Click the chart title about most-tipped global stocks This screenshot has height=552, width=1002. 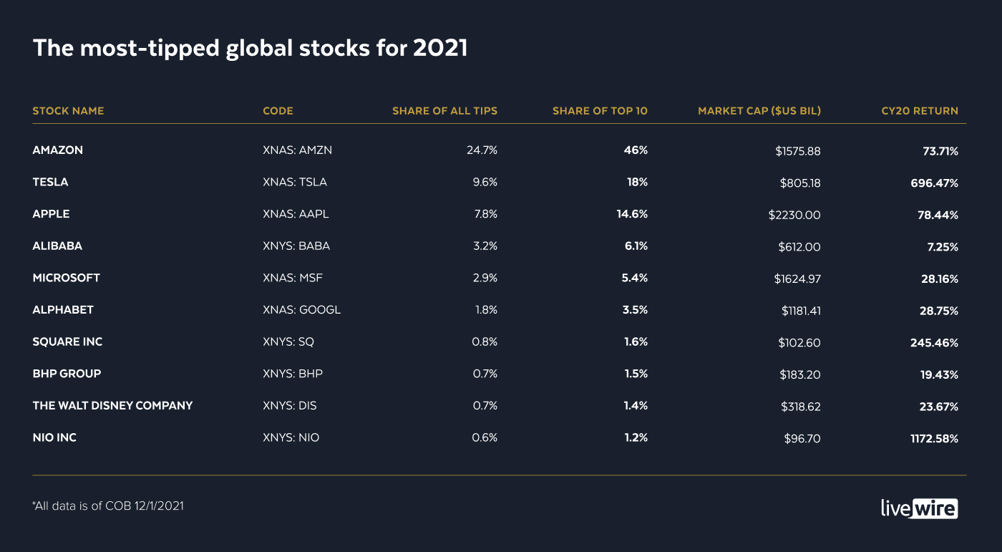pos(250,48)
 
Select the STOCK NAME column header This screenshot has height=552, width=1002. pos(68,111)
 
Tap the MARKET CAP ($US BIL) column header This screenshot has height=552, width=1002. pos(759,111)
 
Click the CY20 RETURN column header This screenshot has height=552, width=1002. pos(920,111)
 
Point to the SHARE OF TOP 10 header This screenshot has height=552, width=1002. pos(600,111)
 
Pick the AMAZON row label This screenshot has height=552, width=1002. pos(58,150)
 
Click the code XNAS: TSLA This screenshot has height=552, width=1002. pos(295,183)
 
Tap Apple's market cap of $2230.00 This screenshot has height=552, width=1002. pos(798,214)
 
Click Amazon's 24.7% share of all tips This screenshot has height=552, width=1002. pos(482,150)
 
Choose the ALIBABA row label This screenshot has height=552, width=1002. pos(57,246)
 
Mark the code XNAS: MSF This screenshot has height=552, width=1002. pos(292,278)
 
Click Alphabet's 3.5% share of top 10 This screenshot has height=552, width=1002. pos(636,310)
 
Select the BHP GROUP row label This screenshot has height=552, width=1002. pos(67,374)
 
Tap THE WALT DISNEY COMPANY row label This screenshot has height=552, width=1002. pos(112,406)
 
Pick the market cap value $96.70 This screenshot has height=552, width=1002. pos(802,437)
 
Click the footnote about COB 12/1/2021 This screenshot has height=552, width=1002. pos(108,506)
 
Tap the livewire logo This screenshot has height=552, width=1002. pos(919,508)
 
